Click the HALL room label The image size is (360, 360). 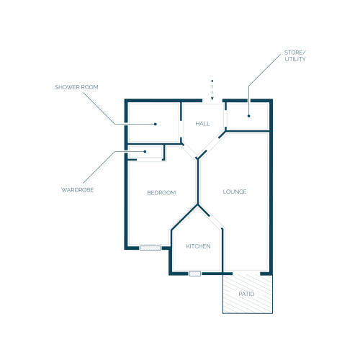tap(202, 124)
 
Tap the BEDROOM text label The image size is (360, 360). tap(161, 193)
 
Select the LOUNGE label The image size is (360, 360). tap(235, 192)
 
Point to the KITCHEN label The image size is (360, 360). tap(198, 246)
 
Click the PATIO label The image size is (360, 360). tap(246, 294)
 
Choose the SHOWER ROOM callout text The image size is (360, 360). tap(76, 87)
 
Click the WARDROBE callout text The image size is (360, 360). tap(77, 190)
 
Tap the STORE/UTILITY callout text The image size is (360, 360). tap(295, 55)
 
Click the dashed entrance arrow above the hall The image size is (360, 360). tap(212, 90)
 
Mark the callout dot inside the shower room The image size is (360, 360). tap(156, 124)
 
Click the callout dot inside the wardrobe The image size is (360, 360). tap(145, 151)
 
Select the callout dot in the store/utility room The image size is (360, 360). tap(248, 116)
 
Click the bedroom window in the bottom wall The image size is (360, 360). tap(150, 248)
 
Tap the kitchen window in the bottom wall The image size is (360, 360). tap(195, 274)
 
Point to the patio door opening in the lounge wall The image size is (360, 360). tap(246, 274)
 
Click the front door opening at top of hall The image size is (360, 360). tap(212, 101)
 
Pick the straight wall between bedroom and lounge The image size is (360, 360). tap(198, 182)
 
